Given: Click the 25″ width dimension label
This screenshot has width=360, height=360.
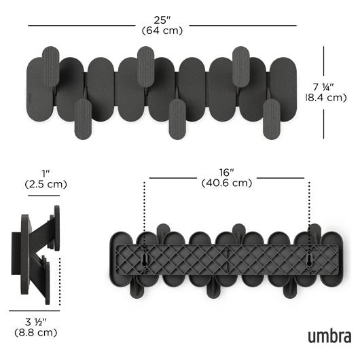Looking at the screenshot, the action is click(162, 20).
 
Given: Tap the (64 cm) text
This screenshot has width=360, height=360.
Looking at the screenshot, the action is click(162, 31).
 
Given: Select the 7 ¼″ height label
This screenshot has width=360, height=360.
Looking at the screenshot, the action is click(323, 87).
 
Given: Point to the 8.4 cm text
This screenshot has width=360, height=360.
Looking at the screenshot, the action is click(326, 98).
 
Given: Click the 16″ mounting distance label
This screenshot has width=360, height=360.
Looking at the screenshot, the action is click(226, 173).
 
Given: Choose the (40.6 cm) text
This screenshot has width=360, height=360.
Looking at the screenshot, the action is click(227, 183).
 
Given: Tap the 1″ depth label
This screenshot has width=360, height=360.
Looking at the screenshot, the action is click(46, 174).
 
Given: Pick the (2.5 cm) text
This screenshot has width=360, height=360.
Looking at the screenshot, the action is click(46, 184).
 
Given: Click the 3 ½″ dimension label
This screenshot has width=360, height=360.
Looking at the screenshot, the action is click(35, 322).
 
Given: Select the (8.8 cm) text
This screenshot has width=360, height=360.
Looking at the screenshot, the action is click(35, 332).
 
